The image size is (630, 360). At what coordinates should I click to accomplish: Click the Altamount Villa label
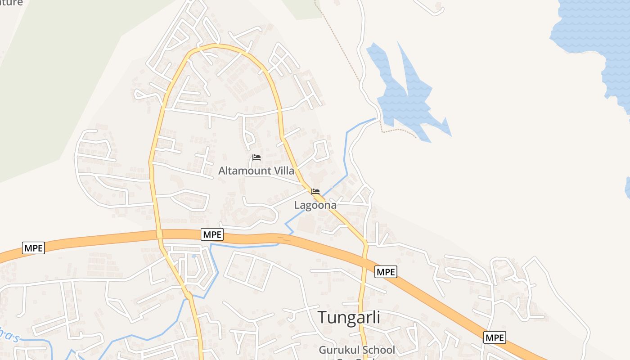pyautogui.click(x=256, y=171)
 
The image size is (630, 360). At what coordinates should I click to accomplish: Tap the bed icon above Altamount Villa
pyautogui.click(x=256, y=157)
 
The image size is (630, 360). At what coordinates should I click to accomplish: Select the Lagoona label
pyautogui.click(x=315, y=205)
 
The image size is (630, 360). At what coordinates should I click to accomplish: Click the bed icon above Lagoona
pyautogui.click(x=315, y=192)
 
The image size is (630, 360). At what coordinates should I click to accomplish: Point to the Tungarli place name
pyautogui.click(x=349, y=317)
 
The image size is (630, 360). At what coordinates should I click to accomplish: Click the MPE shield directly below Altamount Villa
pyautogui.click(x=212, y=234)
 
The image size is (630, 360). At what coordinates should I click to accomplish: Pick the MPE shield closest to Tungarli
pyautogui.click(x=386, y=272)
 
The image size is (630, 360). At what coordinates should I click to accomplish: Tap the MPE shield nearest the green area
pyautogui.click(x=33, y=248)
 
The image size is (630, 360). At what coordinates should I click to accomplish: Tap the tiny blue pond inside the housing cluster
pyautogui.click(x=193, y=256)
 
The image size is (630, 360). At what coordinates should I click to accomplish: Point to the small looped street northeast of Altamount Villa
pyautogui.click(x=320, y=151)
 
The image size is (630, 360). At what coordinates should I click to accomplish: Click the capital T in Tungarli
pyautogui.click(x=323, y=317)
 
